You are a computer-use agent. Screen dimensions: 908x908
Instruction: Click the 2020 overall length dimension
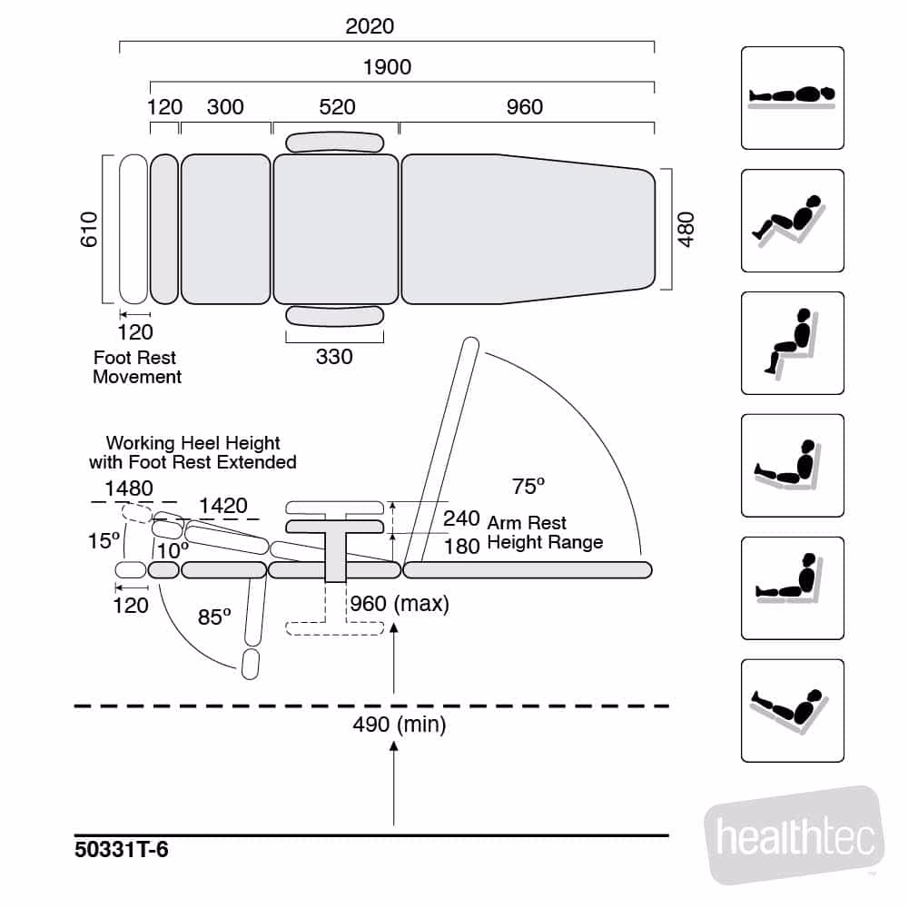tap(370, 26)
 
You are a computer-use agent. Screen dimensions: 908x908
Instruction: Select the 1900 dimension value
tap(387, 67)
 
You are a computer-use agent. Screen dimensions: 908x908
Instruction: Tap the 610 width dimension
tap(88, 230)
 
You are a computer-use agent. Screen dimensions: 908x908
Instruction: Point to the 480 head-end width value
tap(686, 230)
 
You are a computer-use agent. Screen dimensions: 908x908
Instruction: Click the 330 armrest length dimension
tap(334, 357)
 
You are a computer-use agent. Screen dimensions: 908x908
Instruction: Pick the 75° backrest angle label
tap(528, 487)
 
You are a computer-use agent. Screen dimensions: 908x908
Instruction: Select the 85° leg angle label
tap(214, 617)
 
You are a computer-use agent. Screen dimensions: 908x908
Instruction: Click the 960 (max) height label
tap(399, 604)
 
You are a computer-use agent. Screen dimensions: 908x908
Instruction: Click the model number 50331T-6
tap(122, 851)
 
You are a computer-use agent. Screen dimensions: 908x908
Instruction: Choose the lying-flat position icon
tap(793, 98)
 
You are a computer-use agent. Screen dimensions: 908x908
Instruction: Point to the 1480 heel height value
tap(129, 489)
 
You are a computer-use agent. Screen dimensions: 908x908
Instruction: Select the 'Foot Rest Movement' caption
tap(137, 368)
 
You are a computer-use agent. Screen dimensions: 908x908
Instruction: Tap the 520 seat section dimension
tap(337, 107)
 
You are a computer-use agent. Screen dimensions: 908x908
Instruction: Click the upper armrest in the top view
tap(334, 143)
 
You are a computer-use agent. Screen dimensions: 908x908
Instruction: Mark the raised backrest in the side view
tap(442, 449)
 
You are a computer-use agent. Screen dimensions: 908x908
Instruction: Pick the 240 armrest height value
tap(461, 518)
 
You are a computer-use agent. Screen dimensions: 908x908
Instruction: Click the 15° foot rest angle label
tap(104, 541)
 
